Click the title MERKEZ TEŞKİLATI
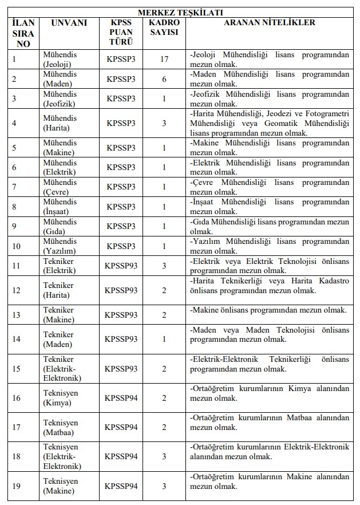click(180, 12)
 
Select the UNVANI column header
click(69, 23)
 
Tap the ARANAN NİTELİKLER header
click(269, 23)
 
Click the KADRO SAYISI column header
click(164, 27)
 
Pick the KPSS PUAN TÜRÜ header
click(121, 32)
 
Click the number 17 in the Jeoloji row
click(164, 59)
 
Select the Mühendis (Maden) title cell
click(60, 79)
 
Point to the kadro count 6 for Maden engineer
click(164, 79)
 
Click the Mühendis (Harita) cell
click(60, 123)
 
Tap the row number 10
click(17, 246)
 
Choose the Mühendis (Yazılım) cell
click(60, 246)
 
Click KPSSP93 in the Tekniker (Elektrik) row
click(121, 266)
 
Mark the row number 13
click(17, 315)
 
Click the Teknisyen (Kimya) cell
click(61, 398)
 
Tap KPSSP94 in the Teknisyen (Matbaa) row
click(121, 427)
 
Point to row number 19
click(17, 486)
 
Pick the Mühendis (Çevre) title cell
click(60, 187)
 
